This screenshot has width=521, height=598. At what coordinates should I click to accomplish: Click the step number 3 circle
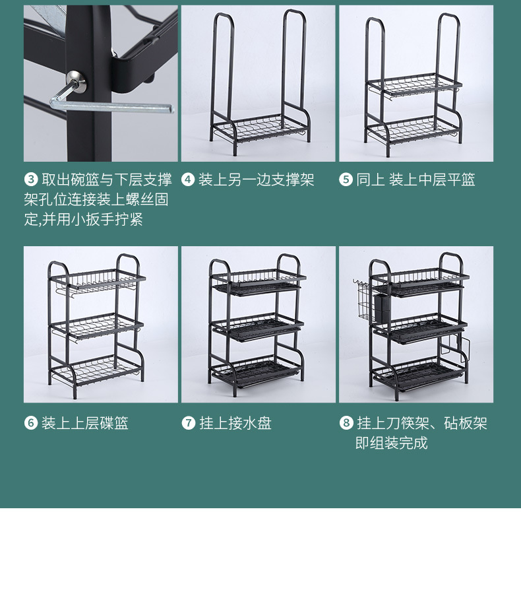click(x=31, y=180)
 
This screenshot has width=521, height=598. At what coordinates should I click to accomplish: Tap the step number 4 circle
click(x=188, y=180)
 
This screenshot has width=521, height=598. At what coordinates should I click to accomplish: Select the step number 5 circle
click(x=346, y=180)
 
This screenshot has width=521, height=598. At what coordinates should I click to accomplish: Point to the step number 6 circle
click(x=31, y=423)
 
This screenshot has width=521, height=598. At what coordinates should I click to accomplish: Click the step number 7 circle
click(x=188, y=423)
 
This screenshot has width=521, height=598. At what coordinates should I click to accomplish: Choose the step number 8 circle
click(x=346, y=423)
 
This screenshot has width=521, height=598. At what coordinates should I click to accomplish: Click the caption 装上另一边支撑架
click(x=257, y=180)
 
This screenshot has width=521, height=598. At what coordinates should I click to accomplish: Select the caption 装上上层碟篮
click(x=85, y=423)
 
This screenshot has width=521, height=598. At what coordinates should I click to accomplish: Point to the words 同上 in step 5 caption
click(x=370, y=180)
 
